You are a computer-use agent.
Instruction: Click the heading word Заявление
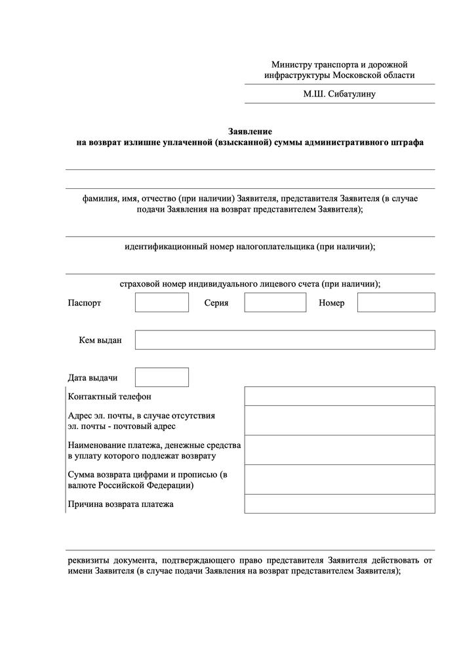pyautogui.click(x=250, y=131)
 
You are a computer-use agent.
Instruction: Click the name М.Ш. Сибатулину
pyautogui.click(x=339, y=94)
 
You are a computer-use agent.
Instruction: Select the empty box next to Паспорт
pyautogui.click(x=161, y=302)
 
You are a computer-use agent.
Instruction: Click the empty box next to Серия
pyautogui.click(x=275, y=302)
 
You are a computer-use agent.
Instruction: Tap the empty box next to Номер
pyautogui.click(x=396, y=302)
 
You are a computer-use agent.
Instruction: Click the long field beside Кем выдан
pyautogui.click(x=285, y=340)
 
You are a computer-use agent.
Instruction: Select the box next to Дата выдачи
pyautogui.click(x=161, y=377)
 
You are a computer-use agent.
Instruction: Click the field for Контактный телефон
pyautogui.click(x=339, y=396)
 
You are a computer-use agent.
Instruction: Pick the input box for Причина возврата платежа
pyautogui.click(x=339, y=504)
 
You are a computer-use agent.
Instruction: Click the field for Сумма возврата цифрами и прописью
pyautogui.click(x=339, y=479)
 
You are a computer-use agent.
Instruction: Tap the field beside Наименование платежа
pyautogui.click(x=339, y=449)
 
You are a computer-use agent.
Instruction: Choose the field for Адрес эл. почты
pyautogui.click(x=339, y=420)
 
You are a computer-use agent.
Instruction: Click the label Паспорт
pyautogui.click(x=85, y=303)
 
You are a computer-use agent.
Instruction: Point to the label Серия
pyautogui.click(x=216, y=303)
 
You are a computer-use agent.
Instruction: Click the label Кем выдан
pyautogui.click(x=100, y=340)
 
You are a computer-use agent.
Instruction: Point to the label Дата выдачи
pyautogui.click(x=93, y=378)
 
